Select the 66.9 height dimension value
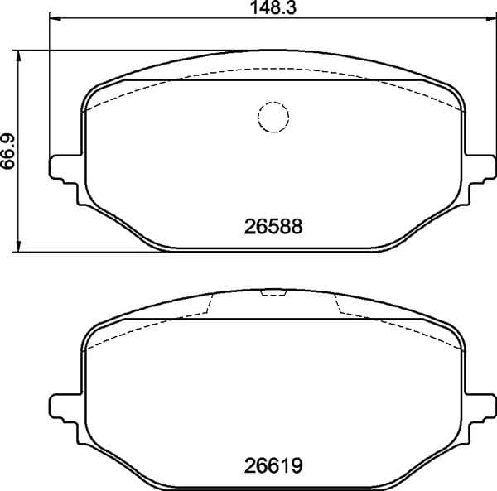point(9,149)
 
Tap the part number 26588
point(273,224)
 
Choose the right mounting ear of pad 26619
point(482,407)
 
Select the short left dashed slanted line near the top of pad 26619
point(208,305)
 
